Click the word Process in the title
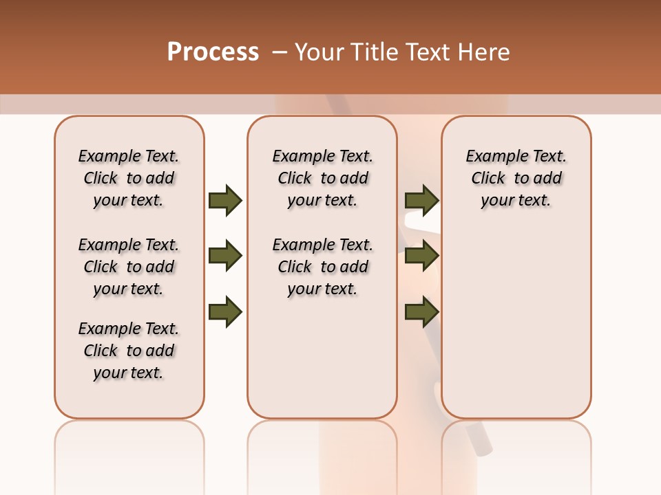(x=213, y=52)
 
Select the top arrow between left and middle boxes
(x=225, y=200)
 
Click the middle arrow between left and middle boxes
(x=225, y=256)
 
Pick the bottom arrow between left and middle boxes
(x=225, y=312)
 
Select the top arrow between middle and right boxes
(x=421, y=200)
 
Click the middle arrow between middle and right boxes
(x=421, y=256)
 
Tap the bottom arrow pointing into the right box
(x=421, y=312)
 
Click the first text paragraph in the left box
(x=129, y=178)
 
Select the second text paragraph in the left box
(x=129, y=267)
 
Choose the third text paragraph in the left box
(x=129, y=351)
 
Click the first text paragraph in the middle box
(x=322, y=178)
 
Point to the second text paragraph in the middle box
(x=322, y=267)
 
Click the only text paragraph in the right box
(x=516, y=178)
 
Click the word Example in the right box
(x=492, y=157)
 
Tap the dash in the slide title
(x=280, y=52)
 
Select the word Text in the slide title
(x=429, y=52)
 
